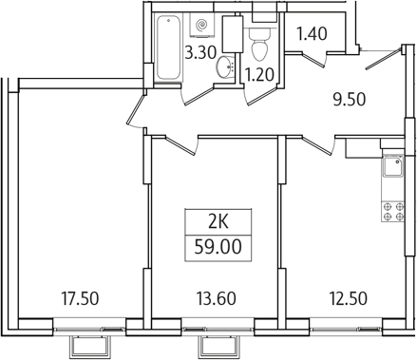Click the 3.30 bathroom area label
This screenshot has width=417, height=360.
pyautogui.click(x=198, y=52)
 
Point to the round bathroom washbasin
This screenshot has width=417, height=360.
pyautogui.click(x=223, y=67)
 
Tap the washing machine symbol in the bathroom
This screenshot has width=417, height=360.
pyautogui.click(x=200, y=26)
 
